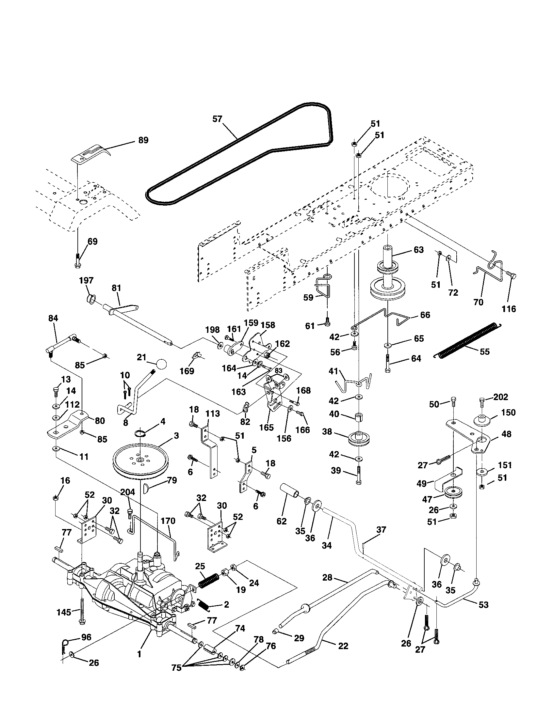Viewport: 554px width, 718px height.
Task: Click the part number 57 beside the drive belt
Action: point(217,119)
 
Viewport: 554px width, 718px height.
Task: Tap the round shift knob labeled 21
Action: point(161,364)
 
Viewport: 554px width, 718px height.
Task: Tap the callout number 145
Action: point(64,612)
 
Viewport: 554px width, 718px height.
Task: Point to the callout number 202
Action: point(501,397)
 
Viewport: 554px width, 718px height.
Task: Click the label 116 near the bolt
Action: point(509,309)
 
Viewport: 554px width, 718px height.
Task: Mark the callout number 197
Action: point(86,280)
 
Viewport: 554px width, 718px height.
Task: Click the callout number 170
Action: point(168,521)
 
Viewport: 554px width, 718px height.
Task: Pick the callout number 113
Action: point(213,413)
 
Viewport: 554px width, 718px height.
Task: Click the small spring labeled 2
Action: point(204,604)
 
